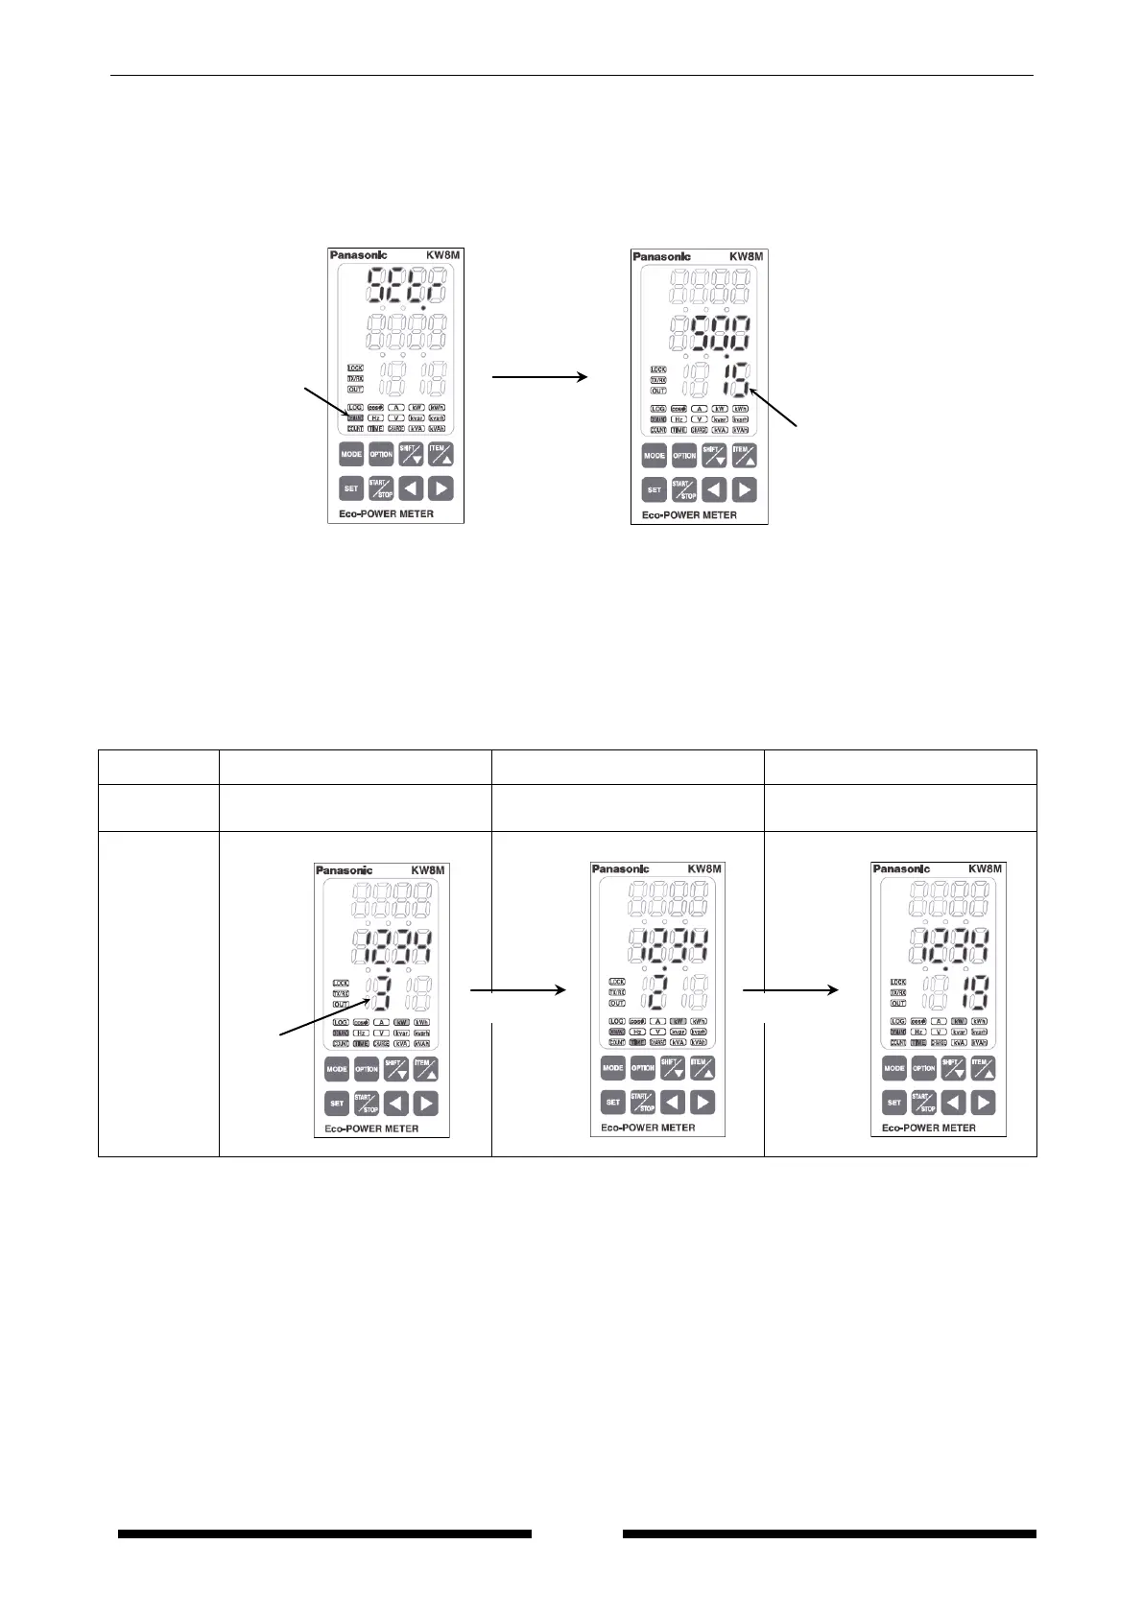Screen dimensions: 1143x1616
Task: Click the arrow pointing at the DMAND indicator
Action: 327,402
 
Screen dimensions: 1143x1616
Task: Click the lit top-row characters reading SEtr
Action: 408,285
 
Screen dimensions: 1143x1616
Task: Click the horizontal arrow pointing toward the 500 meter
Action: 539,378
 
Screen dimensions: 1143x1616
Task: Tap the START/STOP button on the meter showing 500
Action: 684,490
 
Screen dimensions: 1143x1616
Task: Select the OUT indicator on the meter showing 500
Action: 658,391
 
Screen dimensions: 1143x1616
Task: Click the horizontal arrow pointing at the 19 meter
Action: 791,991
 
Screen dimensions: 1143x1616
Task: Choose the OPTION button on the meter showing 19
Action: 923,1068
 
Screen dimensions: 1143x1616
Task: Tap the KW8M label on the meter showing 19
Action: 986,868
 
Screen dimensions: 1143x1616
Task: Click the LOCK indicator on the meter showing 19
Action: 898,982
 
